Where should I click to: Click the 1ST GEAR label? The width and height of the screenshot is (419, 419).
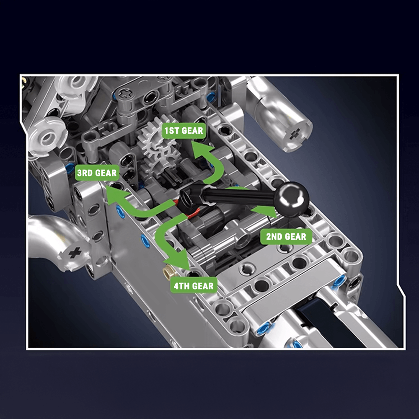point(184,131)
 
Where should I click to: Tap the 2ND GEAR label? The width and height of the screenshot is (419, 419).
point(286,236)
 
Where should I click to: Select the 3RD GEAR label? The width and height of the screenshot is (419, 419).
point(97,173)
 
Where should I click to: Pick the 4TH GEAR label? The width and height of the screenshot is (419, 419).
point(194,286)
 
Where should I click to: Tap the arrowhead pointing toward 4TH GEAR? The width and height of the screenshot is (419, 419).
point(178,261)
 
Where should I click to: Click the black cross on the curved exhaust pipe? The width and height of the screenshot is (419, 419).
point(75,253)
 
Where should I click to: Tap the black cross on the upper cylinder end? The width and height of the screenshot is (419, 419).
point(295,134)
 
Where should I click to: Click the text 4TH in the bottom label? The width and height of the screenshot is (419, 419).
point(181,286)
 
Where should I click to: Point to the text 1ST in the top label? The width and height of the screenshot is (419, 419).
point(171,131)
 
